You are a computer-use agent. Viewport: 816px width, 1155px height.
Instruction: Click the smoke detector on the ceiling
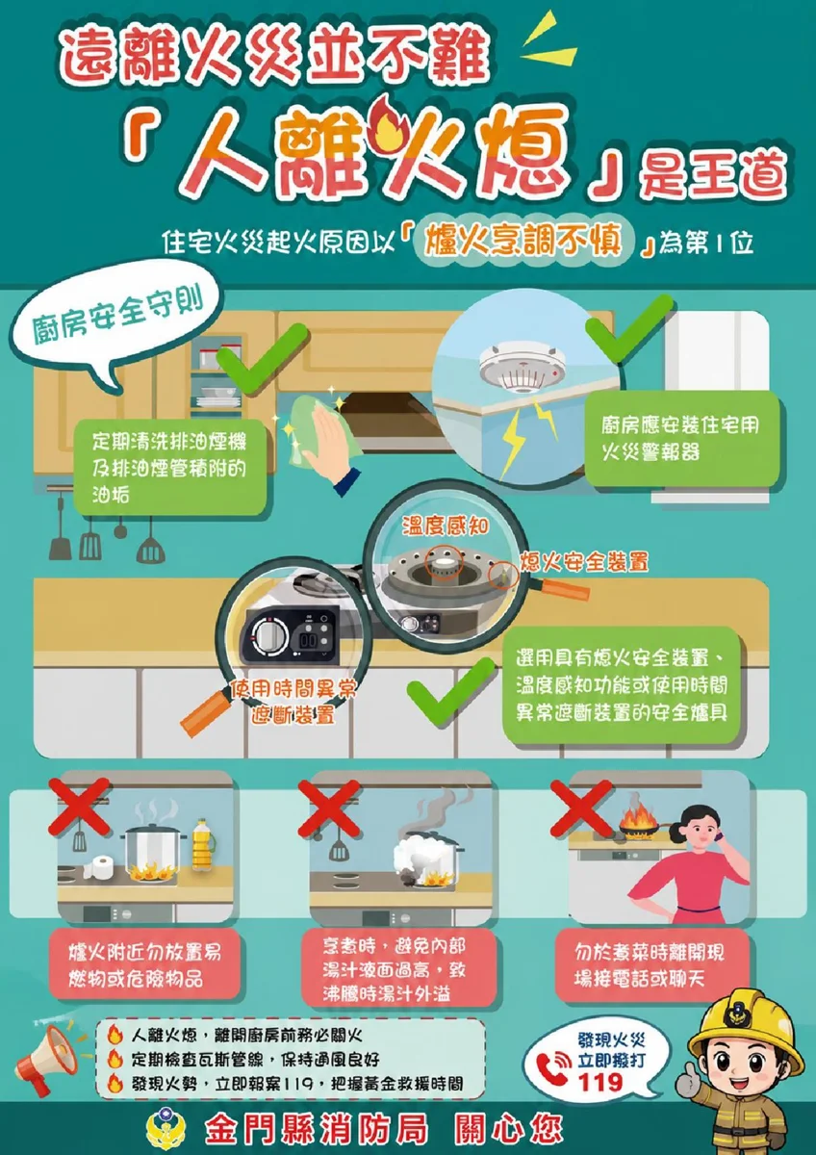(522, 365)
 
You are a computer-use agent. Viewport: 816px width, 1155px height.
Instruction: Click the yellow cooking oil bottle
(204, 845)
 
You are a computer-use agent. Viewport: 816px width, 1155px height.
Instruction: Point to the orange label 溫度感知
(446, 526)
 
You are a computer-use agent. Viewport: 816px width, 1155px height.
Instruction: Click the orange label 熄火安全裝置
(584, 561)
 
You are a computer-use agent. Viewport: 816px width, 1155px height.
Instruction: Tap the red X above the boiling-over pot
(329, 808)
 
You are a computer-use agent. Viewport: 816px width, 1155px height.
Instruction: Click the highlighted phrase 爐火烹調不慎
(523, 241)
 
